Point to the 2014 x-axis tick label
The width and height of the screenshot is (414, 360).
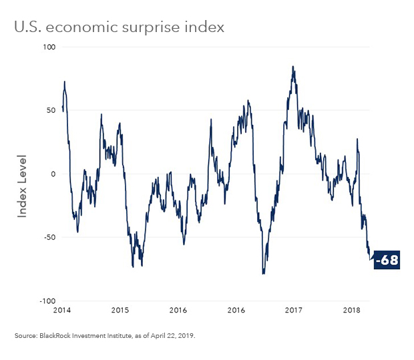63,311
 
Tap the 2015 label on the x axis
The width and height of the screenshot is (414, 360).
120,311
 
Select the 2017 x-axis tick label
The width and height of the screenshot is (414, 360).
294,311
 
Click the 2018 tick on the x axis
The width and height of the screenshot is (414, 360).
351,311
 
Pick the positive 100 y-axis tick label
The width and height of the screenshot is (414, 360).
49,47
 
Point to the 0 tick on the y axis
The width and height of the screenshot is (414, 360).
54,174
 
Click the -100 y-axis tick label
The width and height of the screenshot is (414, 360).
47,301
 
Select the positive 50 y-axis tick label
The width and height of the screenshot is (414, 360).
51,111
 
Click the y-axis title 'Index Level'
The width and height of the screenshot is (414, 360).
22,186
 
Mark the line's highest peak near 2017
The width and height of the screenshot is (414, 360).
292,67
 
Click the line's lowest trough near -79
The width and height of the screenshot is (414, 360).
264,274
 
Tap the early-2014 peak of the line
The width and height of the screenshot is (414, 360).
65,81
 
